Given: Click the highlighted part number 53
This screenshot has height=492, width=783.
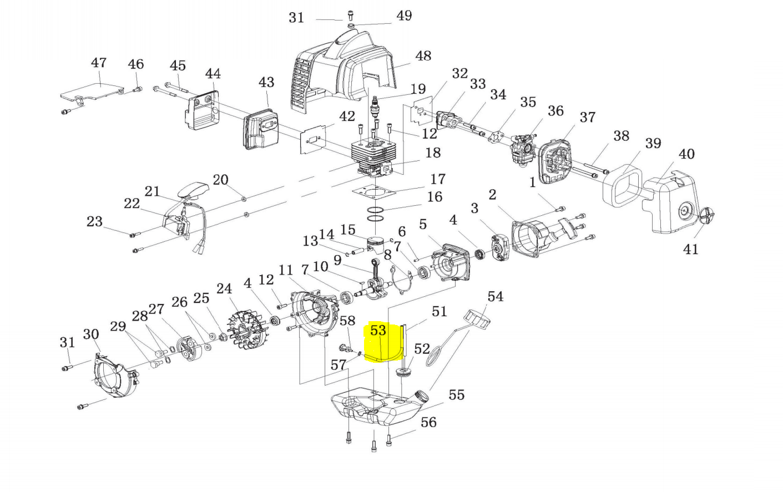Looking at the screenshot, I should coord(378,331).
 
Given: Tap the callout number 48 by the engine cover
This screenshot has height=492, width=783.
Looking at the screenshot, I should coord(423,56).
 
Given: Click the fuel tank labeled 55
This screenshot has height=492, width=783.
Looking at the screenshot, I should coord(377,410).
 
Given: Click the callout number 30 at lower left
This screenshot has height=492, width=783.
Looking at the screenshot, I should coord(91,334).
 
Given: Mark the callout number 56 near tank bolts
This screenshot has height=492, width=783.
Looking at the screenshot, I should coord(428,423).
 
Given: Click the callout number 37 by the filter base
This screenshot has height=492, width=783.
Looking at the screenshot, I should coord(587,118).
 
